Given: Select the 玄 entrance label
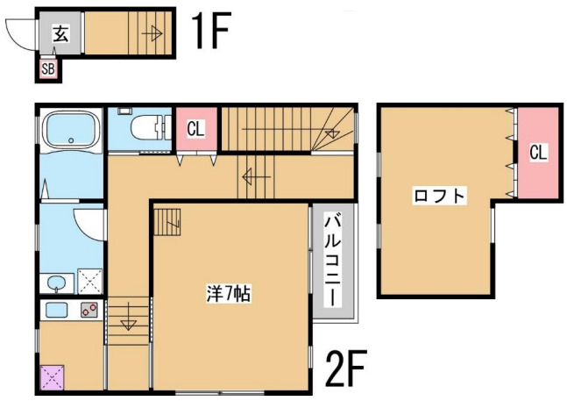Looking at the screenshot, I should [60, 34].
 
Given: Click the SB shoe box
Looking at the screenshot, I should [48, 68].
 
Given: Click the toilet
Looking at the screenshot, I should [145, 130].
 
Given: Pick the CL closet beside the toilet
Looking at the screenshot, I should [195, 129].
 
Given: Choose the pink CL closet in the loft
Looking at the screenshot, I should [537, 152].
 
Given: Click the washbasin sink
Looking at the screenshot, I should [57, 283].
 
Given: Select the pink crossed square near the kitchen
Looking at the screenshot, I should [51, 378].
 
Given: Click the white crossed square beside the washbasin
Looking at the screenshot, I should [89, 282].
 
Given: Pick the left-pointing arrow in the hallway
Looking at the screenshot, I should [255, 177].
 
